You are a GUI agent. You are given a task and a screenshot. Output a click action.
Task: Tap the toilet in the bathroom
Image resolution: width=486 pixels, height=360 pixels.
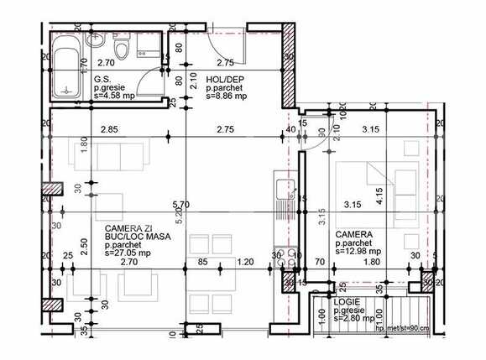(x=123, y=52)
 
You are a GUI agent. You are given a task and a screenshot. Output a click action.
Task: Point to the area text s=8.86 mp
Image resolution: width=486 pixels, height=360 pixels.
(x=227, y=97)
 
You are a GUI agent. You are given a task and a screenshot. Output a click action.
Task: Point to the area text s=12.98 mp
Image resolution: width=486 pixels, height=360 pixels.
(x=358, y=250)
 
